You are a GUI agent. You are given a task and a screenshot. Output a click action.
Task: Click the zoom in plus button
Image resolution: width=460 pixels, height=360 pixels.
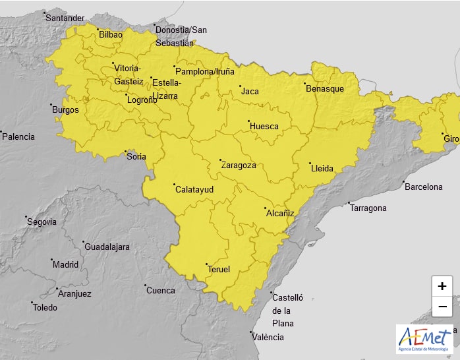tap(442, 286)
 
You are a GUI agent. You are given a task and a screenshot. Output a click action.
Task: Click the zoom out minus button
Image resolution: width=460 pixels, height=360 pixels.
tap(442, 307)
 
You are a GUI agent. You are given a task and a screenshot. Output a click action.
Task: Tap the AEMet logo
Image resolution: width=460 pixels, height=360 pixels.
tap(424, 339)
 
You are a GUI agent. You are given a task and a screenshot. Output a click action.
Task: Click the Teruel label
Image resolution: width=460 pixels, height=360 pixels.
tap(219, 269)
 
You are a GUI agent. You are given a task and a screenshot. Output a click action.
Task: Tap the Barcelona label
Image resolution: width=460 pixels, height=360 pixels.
tap(424, 187)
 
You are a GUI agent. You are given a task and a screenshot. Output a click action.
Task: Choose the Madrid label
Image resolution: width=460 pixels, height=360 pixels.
tap(65, 264)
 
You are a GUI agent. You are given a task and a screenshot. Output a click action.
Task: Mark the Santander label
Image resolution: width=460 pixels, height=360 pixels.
tap(65, 18)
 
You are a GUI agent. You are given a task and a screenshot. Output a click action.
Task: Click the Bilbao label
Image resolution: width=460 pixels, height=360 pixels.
tap(111, 35)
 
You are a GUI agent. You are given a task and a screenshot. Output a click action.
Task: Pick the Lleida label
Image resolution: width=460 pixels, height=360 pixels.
tap(322, 168)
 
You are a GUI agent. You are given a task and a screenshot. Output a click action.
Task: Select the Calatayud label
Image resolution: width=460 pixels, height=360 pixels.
tap(194, 189)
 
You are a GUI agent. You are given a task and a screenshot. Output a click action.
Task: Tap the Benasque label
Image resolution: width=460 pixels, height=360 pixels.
tap(324, 88)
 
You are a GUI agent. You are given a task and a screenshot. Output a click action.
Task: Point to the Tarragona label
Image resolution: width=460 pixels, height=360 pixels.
tap(368, 208)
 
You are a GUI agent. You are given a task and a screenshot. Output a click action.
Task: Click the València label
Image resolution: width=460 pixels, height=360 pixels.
tap(268, 337)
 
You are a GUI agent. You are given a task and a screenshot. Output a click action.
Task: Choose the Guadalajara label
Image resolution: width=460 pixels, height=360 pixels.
tap(107, 247)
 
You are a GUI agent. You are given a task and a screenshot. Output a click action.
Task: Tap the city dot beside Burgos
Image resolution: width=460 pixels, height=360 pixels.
tap(51, 105)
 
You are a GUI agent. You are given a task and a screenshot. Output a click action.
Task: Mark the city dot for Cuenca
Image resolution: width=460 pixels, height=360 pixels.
tap(145, 286)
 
